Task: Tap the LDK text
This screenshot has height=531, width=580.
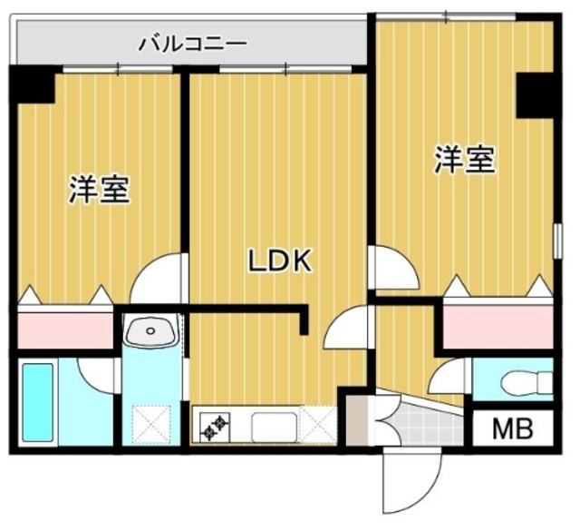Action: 281,261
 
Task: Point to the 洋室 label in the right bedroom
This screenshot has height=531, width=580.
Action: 464,160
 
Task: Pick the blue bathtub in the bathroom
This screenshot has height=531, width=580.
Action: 39,401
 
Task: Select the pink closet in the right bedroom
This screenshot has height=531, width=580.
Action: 497,325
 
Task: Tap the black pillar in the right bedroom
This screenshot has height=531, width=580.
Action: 535,95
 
